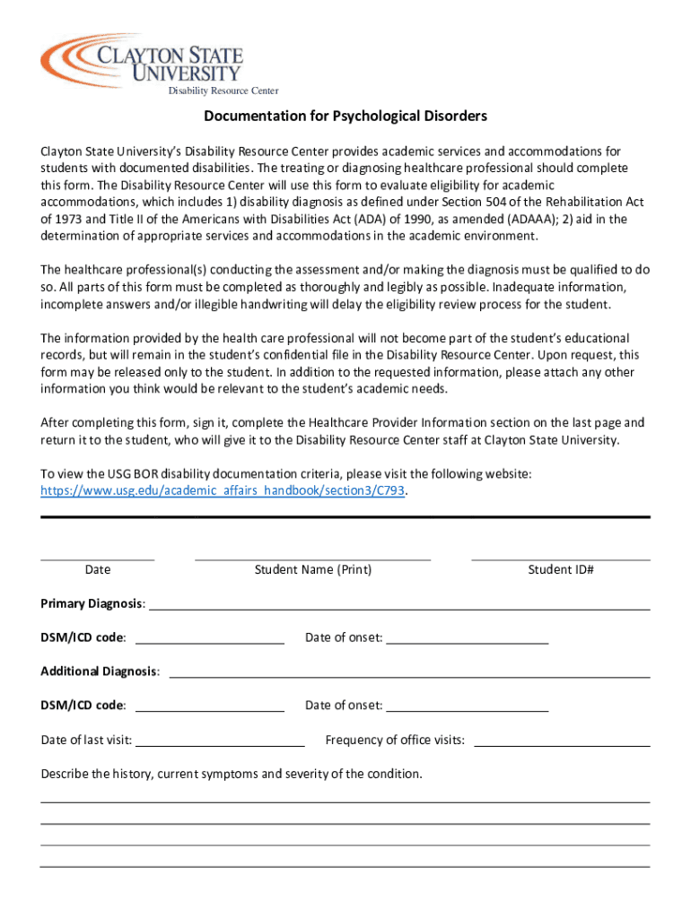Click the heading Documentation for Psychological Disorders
[x=345, y=117]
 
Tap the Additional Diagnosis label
[x=100, y=671]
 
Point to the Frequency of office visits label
[x=395, y=740]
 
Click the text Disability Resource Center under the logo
[x=223, y=91]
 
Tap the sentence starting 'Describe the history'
[x=232, y=774]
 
